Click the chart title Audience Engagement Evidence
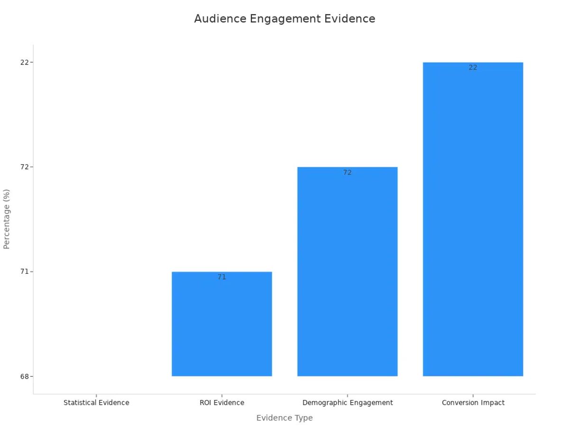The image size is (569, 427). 284,19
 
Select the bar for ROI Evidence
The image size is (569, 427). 222,327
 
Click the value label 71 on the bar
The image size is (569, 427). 222,277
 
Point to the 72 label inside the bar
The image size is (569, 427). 348,173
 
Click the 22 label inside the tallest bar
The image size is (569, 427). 473,68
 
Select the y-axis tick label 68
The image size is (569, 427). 24,376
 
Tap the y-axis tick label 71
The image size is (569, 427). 24,272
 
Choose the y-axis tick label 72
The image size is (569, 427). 24,167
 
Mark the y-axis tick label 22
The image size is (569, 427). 24,62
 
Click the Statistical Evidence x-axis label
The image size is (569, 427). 96,403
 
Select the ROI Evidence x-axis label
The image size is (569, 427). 222,403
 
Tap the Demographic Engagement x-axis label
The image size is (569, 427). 348,403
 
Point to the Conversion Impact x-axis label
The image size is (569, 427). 473,403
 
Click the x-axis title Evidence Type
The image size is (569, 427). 284,418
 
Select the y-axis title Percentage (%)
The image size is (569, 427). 7,219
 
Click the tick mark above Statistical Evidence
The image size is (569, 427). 96,396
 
